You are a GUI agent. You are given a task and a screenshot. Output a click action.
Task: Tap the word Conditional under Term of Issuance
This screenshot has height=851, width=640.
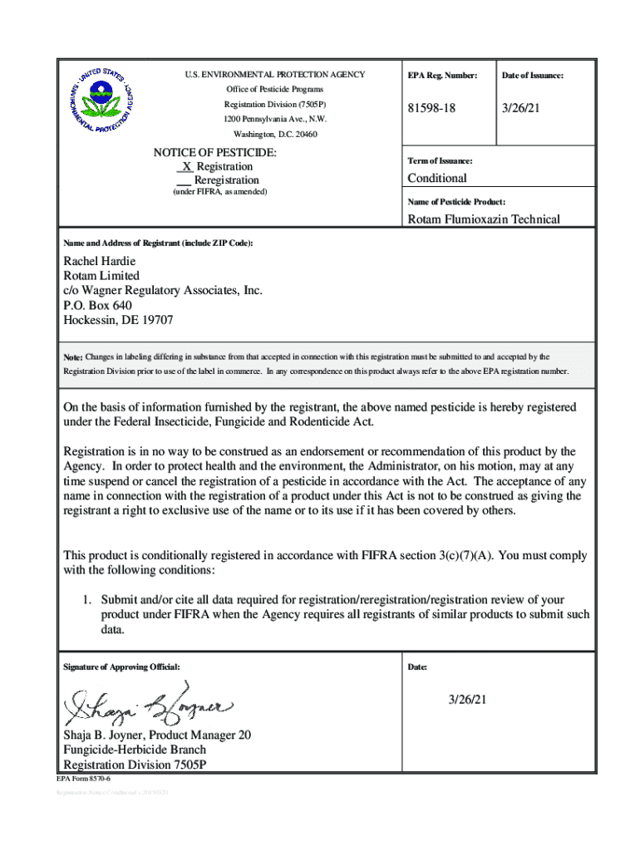pos(437,178)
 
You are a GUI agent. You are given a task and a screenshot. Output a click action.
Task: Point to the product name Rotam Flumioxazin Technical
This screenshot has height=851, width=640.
pos(483,219)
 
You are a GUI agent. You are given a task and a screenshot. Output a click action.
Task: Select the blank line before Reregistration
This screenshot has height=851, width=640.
pos(185,180)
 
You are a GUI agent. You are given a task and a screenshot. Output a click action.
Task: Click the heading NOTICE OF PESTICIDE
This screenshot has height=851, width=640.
pos(214,153)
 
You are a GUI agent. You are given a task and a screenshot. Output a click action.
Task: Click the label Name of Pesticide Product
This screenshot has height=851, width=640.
pos(456,202)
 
